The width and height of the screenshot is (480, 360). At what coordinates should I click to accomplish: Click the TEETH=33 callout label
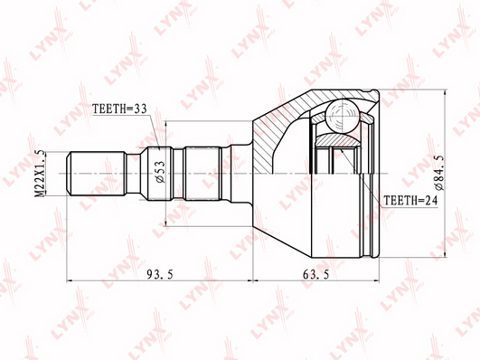coord(119,109)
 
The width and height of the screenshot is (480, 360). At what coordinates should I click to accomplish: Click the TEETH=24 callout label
coord(410,201)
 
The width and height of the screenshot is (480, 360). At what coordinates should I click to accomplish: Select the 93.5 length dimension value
coord(160,274)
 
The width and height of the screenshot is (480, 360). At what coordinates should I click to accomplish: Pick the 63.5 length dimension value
coord(315,274)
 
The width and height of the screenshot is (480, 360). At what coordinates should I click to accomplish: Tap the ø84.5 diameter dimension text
coord(439,173)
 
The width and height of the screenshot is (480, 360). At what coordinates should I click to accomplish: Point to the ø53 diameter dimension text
coord(160,172)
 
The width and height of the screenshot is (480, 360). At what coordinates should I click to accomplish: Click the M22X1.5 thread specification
coord(41,174)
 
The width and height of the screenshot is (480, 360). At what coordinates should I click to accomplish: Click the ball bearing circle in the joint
coord(342,116)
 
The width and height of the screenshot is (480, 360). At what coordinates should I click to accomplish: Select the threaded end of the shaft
coord(97,174)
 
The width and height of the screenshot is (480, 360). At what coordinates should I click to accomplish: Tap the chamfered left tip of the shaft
coord(69,174)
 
